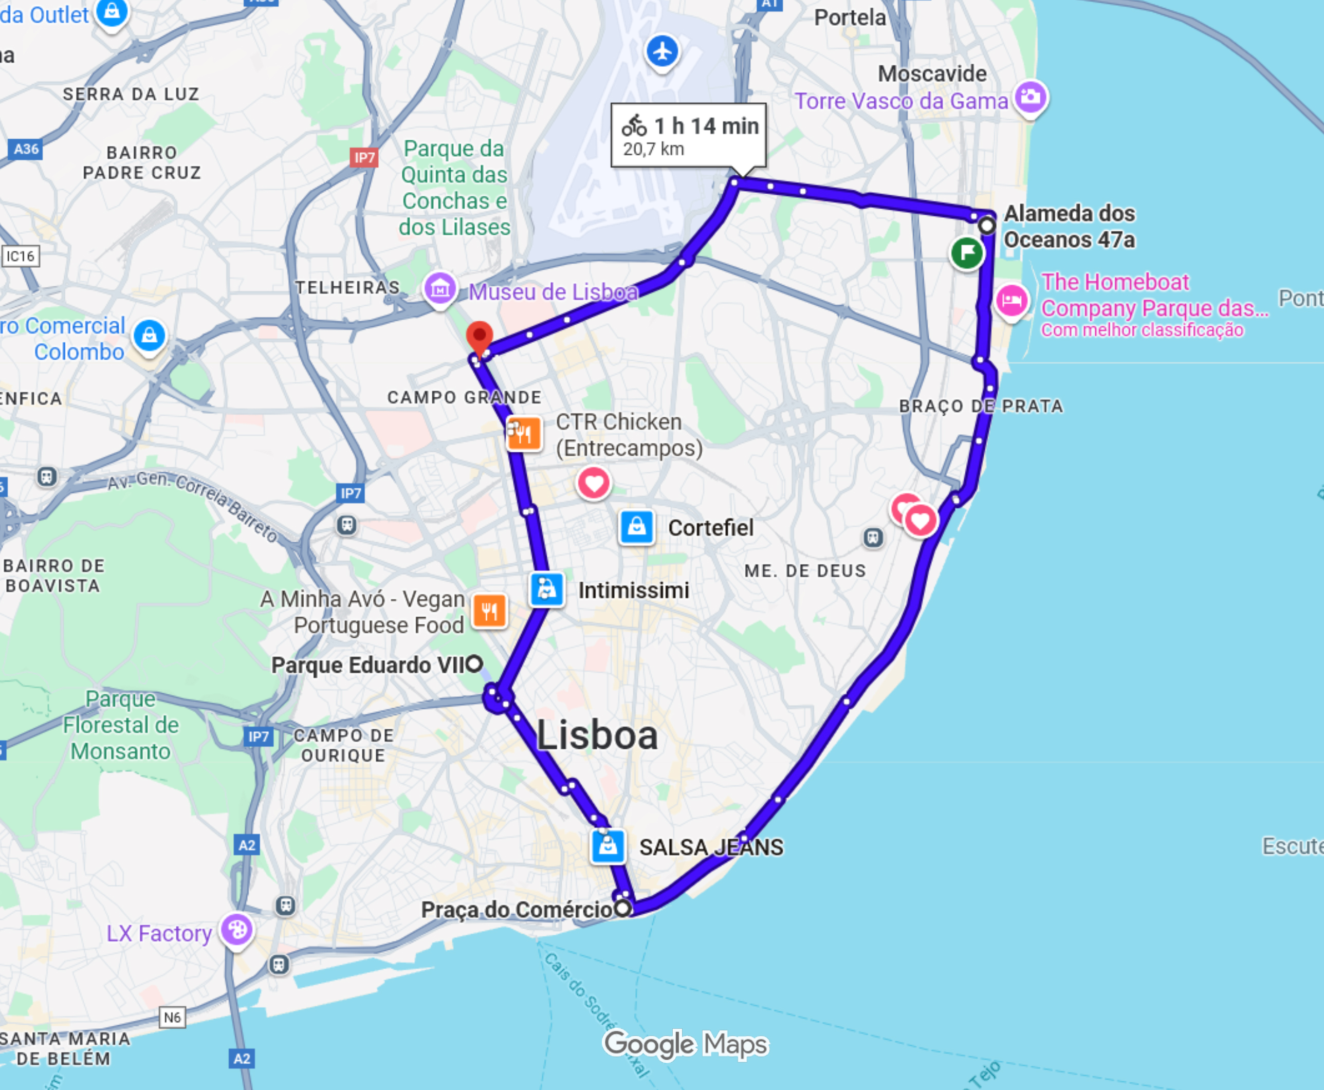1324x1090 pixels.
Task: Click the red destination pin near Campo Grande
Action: [480, 337]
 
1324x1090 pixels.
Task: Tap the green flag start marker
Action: [967, 252]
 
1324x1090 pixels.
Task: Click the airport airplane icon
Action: [663, 51]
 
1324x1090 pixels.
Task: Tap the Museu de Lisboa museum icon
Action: [439, 288]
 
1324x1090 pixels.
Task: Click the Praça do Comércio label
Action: [516, 909]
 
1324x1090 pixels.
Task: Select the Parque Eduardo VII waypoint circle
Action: [474, 663]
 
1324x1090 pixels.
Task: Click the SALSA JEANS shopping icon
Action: [608, 846]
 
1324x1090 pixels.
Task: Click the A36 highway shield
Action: [26, 149]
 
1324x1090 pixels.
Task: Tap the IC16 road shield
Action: [20, 255]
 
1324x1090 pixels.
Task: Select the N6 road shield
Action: [172, 1017]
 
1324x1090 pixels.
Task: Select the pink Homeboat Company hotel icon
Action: [1012, 300]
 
